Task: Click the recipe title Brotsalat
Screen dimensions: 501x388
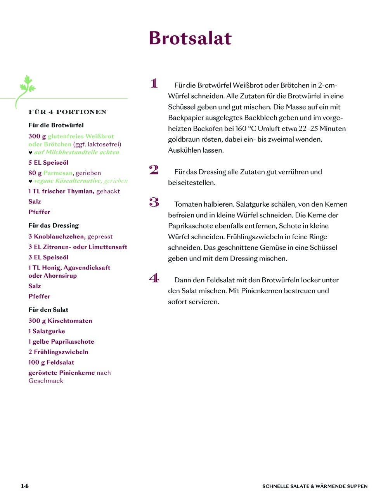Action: [x=190, y=38]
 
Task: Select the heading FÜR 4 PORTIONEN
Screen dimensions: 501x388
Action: [x=68, y=112]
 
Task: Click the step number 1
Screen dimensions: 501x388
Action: [x=154, y=83]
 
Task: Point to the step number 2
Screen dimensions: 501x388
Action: [x=154, y=170]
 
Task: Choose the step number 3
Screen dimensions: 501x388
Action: [x=154, y=202]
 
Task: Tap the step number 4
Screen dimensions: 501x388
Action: [x=154, y=278]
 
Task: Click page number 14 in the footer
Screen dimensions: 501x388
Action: [x=24, y=486]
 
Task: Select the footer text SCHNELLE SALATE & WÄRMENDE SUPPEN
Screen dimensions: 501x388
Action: [x=315, y=486]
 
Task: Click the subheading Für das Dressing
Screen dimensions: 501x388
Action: [x=54, y=225]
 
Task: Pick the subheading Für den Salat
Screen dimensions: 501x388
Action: [x=48, y=310]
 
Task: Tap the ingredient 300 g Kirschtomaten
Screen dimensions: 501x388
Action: [x=60, y=321]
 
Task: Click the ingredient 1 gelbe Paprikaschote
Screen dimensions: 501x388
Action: [x=61, y=341]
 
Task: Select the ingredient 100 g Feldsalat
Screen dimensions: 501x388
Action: [x=51, y=362]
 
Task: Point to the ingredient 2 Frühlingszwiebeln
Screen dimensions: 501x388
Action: [x=58, y=352]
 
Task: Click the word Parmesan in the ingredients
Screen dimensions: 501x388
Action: [x=58, y=173]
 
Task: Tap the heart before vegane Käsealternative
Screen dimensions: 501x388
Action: [x=30, y=181]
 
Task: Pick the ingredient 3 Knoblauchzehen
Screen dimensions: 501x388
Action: [x=57, y=237]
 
